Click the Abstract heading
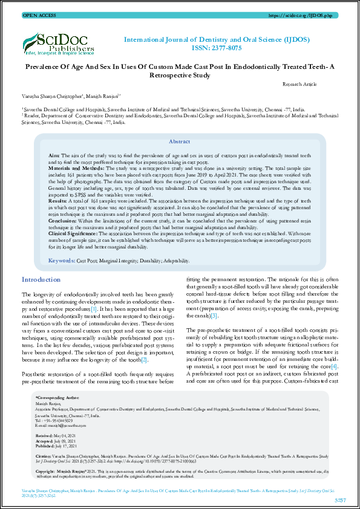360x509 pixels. [x=179, y=141]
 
